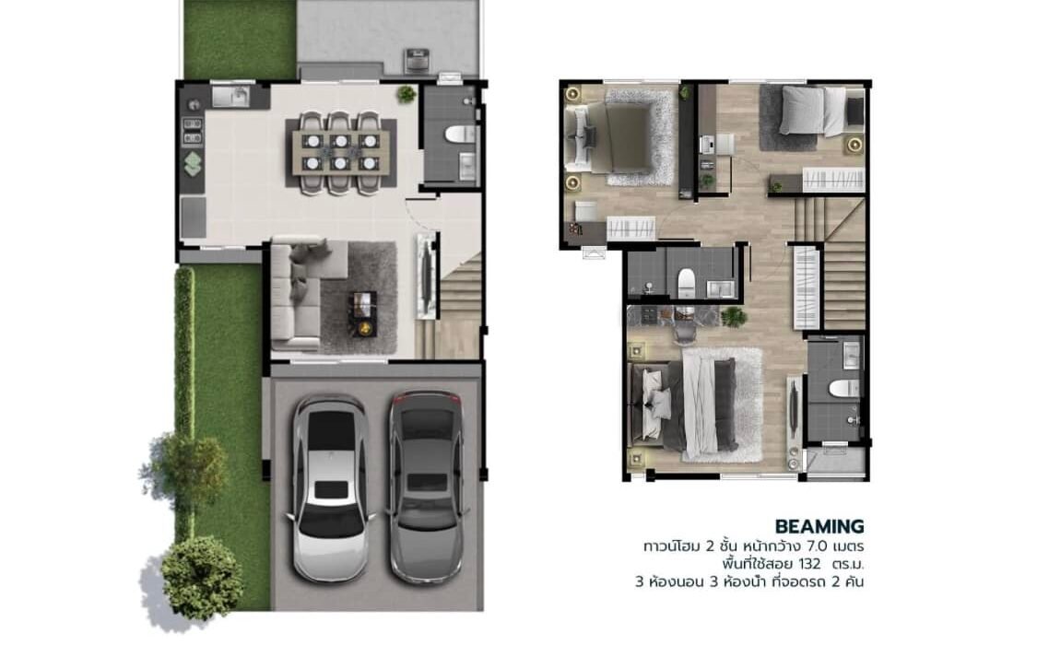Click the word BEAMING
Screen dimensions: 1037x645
pyautogui.click(x=819, y=527)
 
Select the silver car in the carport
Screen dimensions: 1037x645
pyautogui.click(x=330, y=488)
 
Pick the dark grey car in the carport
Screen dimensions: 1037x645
pyautogui.click(x=427, y=486)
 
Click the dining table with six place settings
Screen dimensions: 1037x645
pyautogui.click(x=341, y=151)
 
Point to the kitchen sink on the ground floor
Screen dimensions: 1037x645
pyautogui.click(x=230, y=97)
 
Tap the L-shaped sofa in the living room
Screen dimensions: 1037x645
pyautogui.click(x=300, y=293)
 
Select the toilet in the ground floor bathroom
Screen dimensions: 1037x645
pyautogui.click(x=460, y=135)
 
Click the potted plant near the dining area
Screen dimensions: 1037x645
pyautogui.click(x=407, y=95)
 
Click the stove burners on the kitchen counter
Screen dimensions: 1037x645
pyautogui.click(x=193, y=131)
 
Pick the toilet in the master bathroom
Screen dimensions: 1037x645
pyautogui.click(x=844, y=388)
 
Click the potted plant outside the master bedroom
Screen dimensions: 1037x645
pyautogui.click(x=734, y=317)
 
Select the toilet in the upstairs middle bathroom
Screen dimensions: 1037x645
pyautogui.click(x=686, y=284)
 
